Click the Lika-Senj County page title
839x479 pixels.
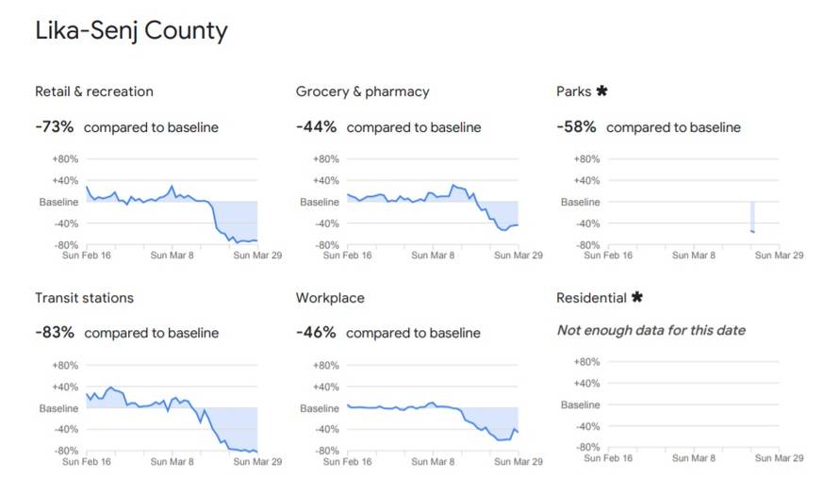(x=131, y=31)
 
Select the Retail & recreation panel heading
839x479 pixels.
(x=94, y=91)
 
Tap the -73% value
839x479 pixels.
(x=55, y=127)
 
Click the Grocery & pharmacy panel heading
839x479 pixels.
(x=363, y=91)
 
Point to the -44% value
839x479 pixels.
(x=316, y=127)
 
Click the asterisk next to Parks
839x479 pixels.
(x=602, y=91)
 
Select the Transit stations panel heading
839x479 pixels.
(x=84, y=298)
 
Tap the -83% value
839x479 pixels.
(x=55, y=333)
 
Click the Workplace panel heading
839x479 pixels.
(x=330, y=298)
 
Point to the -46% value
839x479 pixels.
(x=316, y=333)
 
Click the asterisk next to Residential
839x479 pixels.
(x=637, y=298)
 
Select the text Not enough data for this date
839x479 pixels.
(x=651, y=330)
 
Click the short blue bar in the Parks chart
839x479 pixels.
(x=752, y=217)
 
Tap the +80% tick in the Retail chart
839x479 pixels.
(x=65, y=159)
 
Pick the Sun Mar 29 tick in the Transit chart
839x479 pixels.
(x=258, y=462)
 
